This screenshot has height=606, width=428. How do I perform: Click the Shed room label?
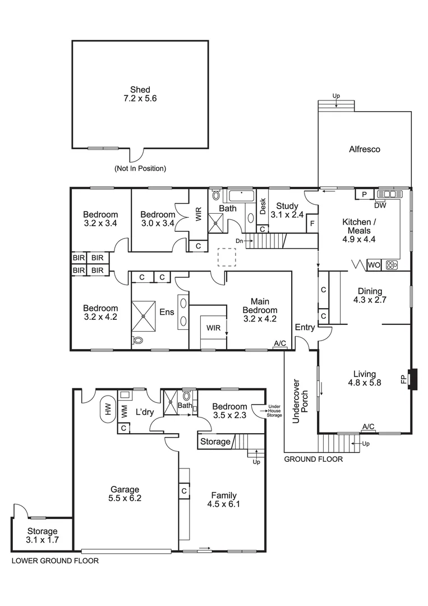tap(140, 94)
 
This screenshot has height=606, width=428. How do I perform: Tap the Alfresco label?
tap(365, 149)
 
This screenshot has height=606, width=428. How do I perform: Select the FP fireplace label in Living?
tap(403, 379)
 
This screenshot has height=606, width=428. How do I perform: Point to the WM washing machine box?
tap(123, 411)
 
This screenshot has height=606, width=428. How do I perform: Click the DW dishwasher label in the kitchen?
tap(380, 205)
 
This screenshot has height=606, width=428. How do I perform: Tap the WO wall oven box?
tap(374, 265)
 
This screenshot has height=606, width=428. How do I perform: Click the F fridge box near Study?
tap(311, 223)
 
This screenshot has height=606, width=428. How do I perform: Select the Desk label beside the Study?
tap(262, 206)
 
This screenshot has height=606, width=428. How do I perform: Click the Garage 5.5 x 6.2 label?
tap(125, 494)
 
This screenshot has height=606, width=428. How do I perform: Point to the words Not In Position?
tap(140, 168)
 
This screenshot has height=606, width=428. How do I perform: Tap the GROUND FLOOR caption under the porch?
tap(313, 459)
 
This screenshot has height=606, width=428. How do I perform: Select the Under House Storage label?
tap(274, 411)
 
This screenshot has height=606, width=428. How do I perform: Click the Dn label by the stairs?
tap(239, 241)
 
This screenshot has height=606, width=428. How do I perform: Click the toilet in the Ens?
tap(139, 340)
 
